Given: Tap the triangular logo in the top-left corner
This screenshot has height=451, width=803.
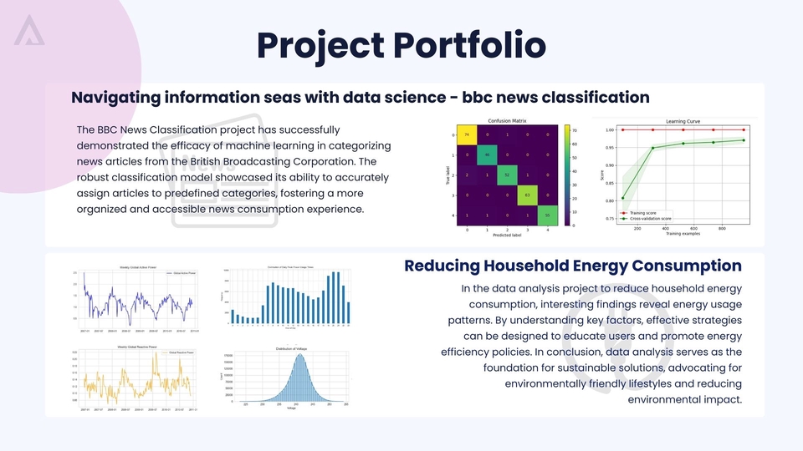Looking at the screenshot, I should coord(30,31).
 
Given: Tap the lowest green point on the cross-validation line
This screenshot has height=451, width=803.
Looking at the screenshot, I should coord(622,198).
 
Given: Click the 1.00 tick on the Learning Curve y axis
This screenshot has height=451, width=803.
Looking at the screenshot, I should coord(610,130).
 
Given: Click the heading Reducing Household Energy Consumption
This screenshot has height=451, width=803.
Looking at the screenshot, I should coord(572,266).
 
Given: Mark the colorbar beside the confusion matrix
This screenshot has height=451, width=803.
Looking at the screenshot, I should coord(567,175).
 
